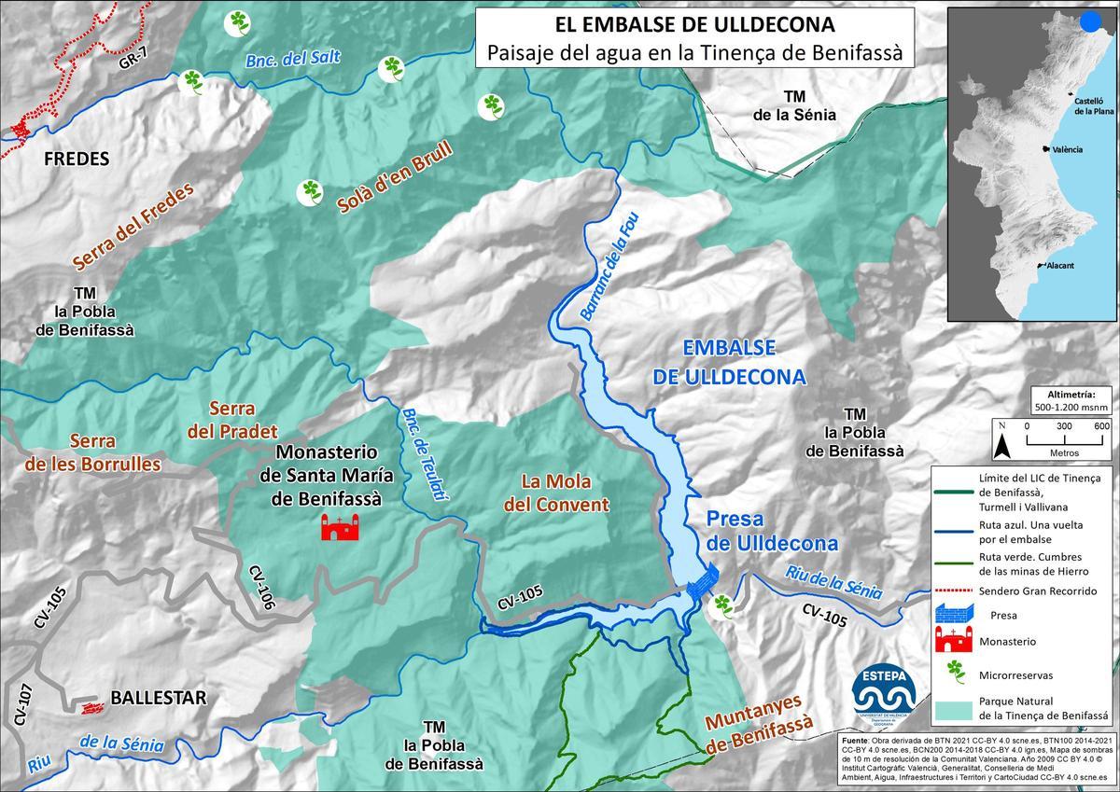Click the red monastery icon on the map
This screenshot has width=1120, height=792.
pyautogui.click(x=341, y=528)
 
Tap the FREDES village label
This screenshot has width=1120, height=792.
pyautogui.click(x=77, y=159)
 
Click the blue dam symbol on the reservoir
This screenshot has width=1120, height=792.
pyautogui.click(x=700, y=582)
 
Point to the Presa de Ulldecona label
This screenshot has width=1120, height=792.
pyautogui.click(x=771, y=531)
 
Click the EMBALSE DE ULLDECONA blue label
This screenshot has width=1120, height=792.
pyautogui.click(x=743, y=362)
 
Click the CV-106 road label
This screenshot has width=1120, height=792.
pyautogui.click(x=262, y=588)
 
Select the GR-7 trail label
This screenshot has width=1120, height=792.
pyautogui.click(x=133, y=63)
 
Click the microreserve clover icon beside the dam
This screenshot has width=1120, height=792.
pyautogui.click(x=721, y=606)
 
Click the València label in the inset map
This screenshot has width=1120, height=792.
pyautogui.click(x=1066, y=149)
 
